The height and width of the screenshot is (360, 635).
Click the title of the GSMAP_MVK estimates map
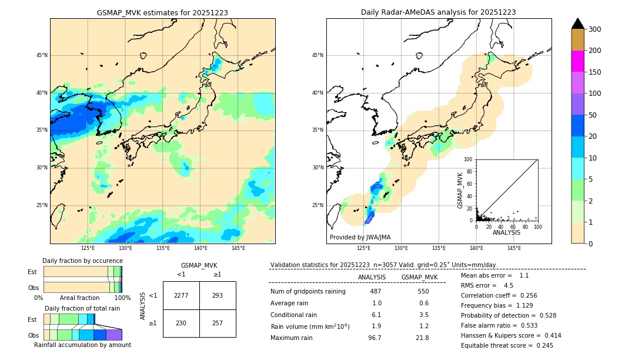pos(162,12)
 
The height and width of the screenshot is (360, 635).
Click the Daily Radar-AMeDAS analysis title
pos(438,12)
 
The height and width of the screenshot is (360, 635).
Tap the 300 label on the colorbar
pos(595,29)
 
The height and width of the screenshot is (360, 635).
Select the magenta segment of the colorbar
pos(578,61)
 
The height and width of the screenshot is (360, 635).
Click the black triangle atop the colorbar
pos(578,24)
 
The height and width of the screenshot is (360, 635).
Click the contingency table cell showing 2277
pos(181,295)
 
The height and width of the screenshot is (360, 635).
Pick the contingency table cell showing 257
pos(218,324)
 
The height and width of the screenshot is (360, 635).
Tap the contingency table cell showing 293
pos(218,295)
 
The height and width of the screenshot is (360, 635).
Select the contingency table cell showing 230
pos(181,324)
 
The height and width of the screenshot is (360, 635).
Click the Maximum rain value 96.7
pos(375,338)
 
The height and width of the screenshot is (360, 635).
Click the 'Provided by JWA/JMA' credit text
pos(360,238)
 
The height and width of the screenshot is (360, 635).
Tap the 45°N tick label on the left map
pos(41,55)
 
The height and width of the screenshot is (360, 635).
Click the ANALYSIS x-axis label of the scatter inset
pos(506,232)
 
